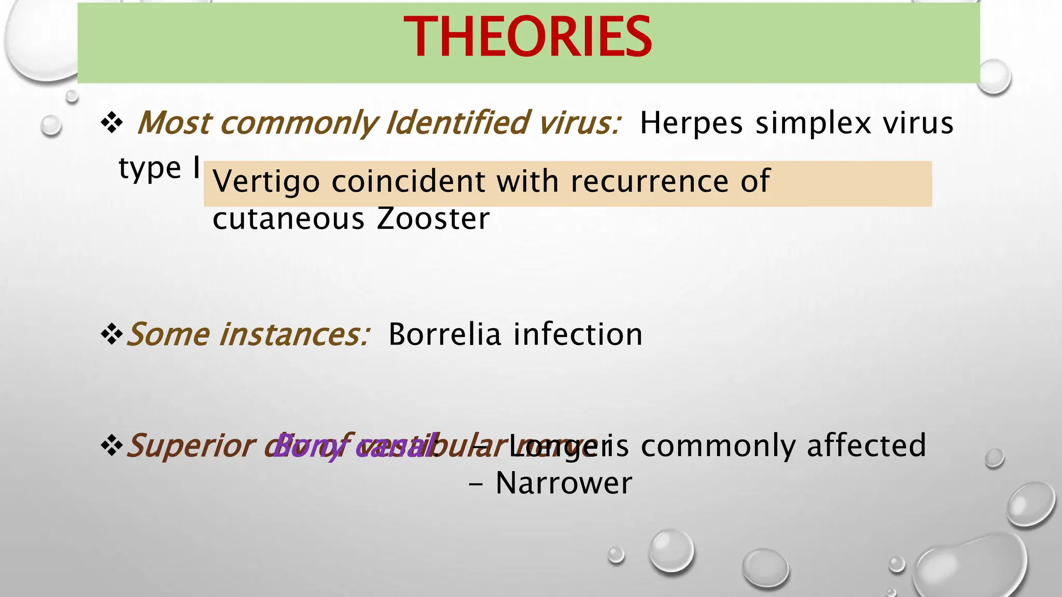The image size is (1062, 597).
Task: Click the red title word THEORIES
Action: coord(527,37)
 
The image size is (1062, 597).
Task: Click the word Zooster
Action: coord(433,219)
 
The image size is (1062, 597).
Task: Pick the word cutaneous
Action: coord(288,219)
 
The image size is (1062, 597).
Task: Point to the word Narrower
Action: coord(564,484)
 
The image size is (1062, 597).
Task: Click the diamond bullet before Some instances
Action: coord(111,335)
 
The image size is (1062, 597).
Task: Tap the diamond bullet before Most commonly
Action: coord(111,123)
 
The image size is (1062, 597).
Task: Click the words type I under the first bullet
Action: coord(159,168)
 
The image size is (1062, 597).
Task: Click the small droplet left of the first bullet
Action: coord(51,125)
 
